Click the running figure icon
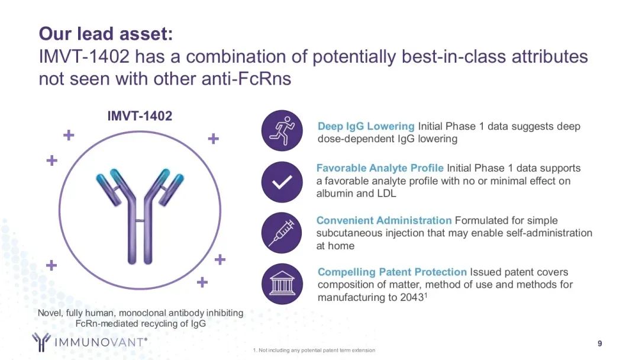pos(282,130)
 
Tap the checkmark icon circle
pos(282,182)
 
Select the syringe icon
pos(282,233)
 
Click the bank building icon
pos(282,284)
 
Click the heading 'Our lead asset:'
pos(106,34)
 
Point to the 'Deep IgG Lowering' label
pos(366,126)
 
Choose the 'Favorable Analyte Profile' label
pos(380,168)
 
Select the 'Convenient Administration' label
pos(384,221)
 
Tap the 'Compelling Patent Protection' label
pos(392,272)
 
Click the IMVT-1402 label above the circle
pos(140,116)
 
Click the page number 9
pos(599,343)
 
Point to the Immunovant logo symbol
pos(41,342)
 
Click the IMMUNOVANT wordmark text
pos(101,342)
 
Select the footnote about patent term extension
pos(314,350)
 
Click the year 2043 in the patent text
pos(412,298)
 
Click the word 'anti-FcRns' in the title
pos(247,78)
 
